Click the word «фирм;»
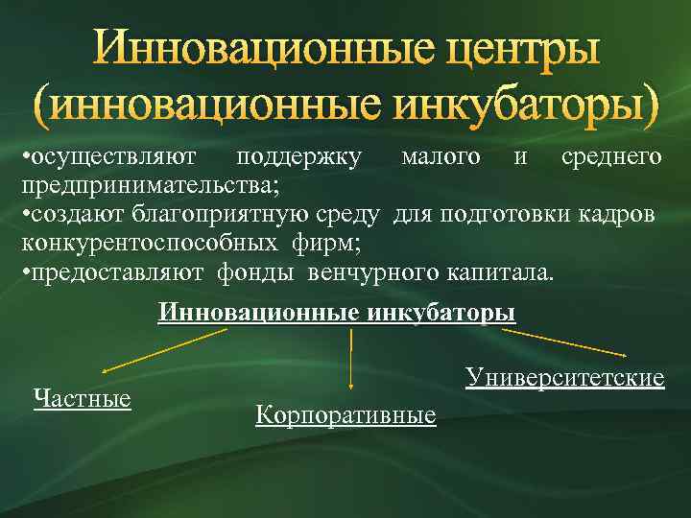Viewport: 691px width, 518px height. pos(324,242)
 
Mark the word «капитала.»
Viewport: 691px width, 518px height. pos(500,271)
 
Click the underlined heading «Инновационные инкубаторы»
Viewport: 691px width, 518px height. pos(336,313)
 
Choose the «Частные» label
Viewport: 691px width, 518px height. pos(83,397)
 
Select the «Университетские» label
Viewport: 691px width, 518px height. pos(565,378)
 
